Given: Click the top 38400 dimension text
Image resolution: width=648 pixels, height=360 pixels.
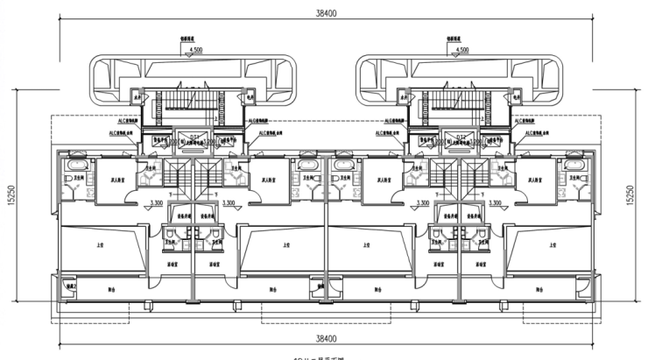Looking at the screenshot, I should tap(326, 14).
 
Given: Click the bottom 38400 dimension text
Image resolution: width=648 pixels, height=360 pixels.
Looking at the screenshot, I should tap(326, 337).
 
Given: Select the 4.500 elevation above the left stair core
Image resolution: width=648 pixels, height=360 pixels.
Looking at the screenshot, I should tap(200, 50).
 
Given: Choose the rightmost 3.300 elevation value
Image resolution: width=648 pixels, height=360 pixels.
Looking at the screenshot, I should tap(495, 203).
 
